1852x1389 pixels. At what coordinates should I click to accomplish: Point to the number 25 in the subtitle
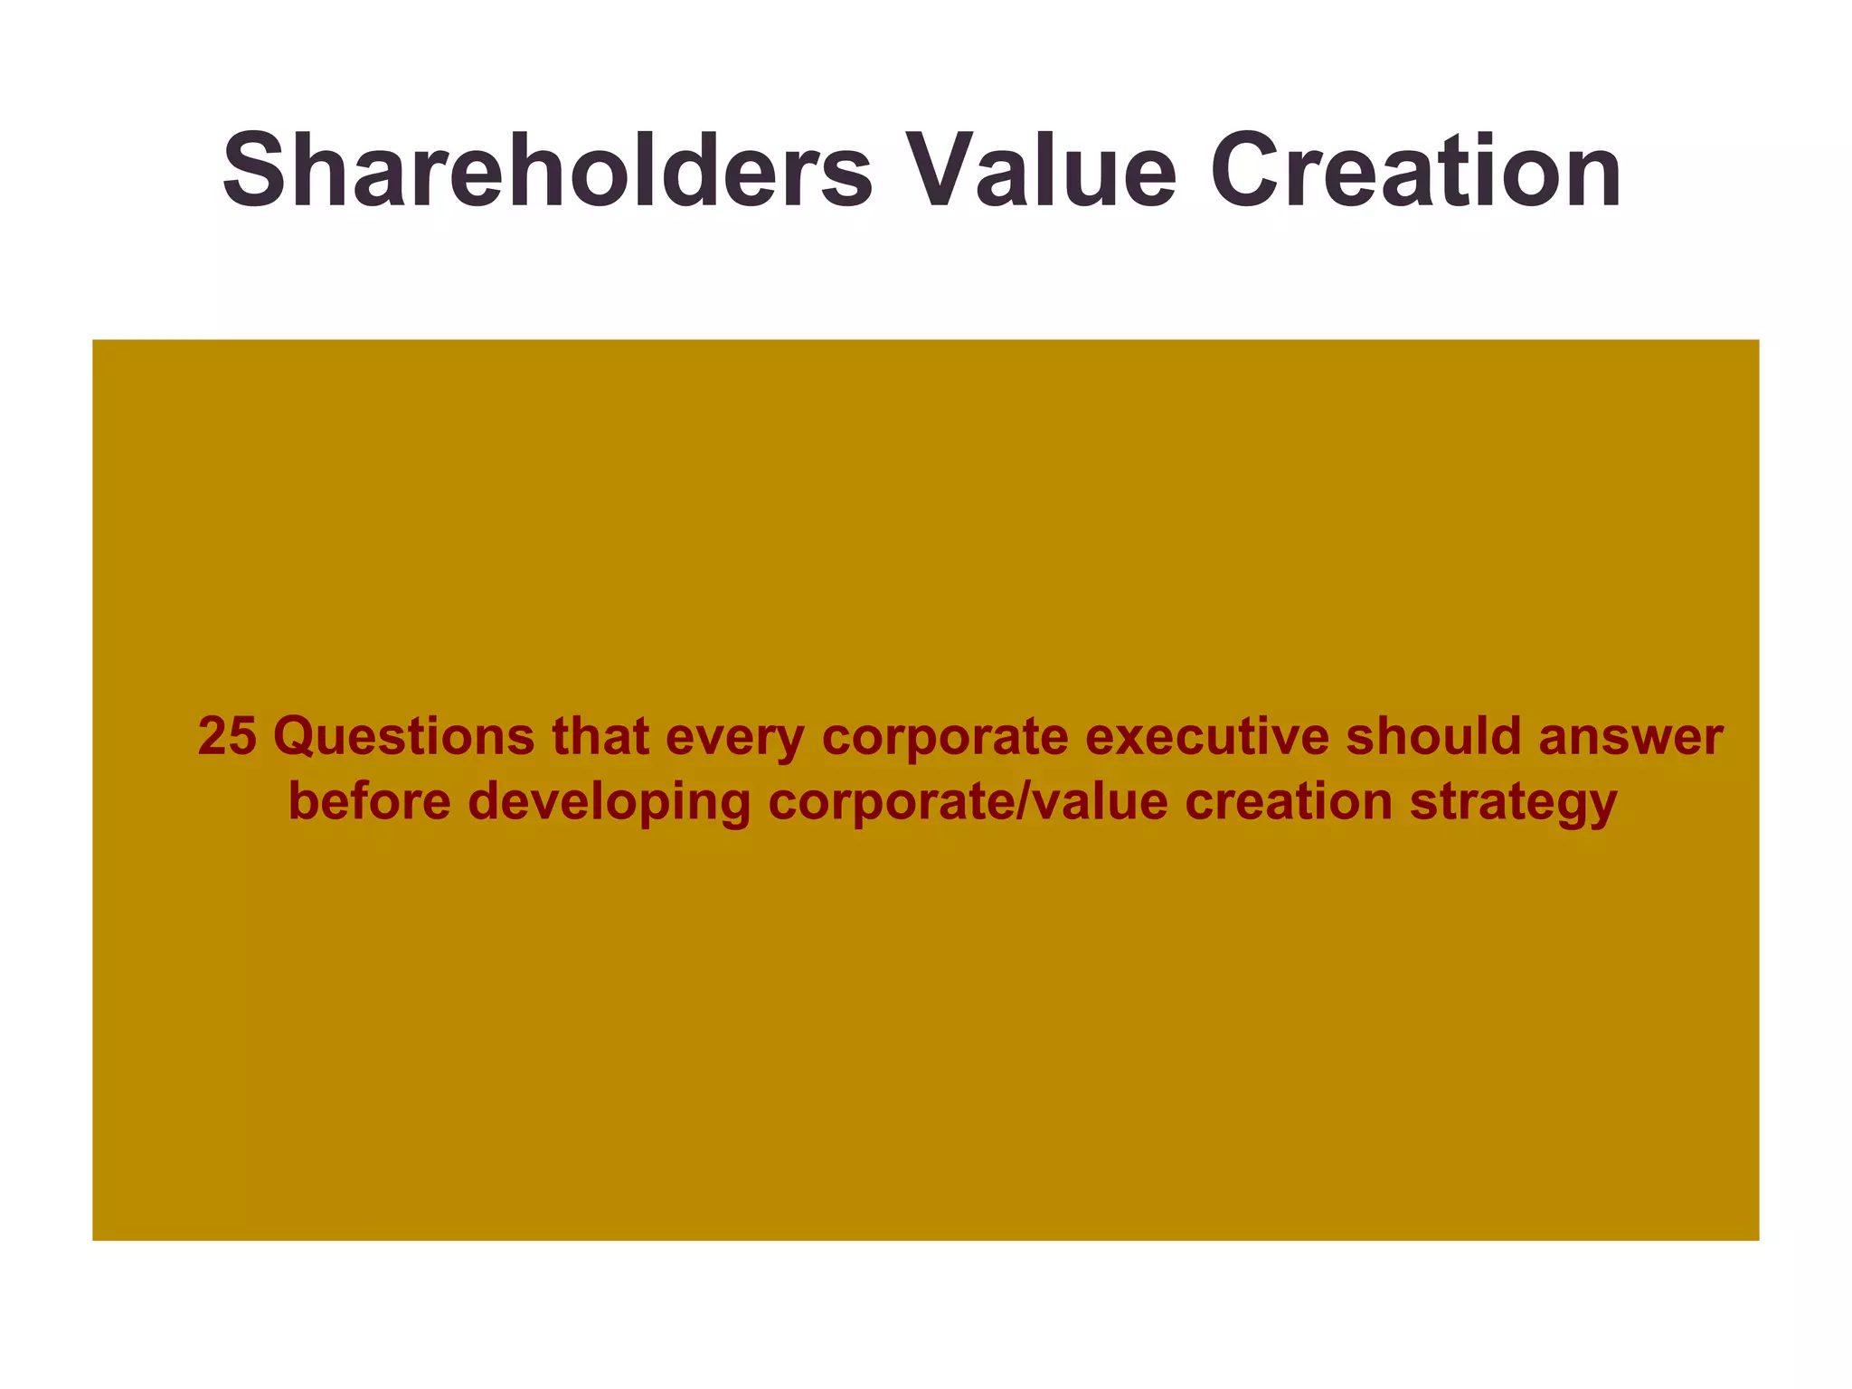coord(227,736)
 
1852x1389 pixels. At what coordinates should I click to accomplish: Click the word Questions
coord(404,736)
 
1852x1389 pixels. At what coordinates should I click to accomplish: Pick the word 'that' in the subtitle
coord(600,736)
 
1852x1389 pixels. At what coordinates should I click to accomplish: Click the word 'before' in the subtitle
coord(370,801)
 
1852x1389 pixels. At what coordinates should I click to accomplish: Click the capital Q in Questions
coord(294,736)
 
